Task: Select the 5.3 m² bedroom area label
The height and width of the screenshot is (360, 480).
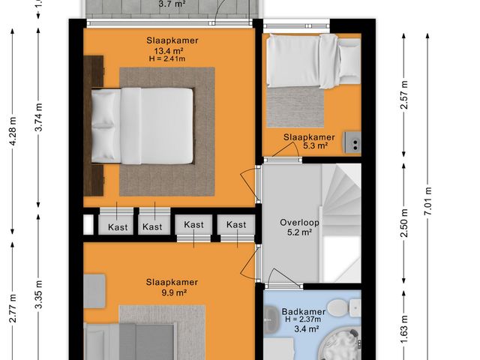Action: [x=316, y=146]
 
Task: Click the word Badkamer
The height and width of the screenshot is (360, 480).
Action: [x=302, y=311]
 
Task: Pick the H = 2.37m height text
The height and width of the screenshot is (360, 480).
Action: [x=302, y=320]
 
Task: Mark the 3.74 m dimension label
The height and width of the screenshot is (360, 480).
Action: [x=38, y=116]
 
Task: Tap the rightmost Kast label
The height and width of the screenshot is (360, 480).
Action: [x=236, y=225]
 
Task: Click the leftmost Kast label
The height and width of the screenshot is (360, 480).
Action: [x=118, y=226]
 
